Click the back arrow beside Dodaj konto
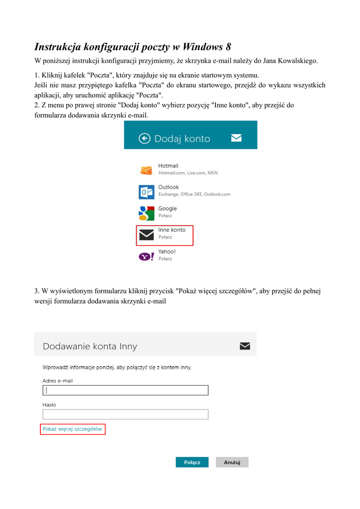pyautogui.click(x=144, y=139)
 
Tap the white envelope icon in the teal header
pyautogui.click(x=236, y=138)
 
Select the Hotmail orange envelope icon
pyautogui.click(x=146, y=170)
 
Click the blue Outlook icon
pyautogui.click(x=146, y=192)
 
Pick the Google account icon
pyautogui.click(x=146, y=213)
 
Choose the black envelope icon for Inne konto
pyautogui.click(x=146, y=235)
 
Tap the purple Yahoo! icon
pyautogui.click(x=146, y=256)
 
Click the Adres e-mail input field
pyautogui.click(x=125, y=390)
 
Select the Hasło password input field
pyautogui.click(x=125, y=414)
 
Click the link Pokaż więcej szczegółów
pyautogui.click(x=72, y=429)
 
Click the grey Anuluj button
pyautogui.click(x=232, y=462)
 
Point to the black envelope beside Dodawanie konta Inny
pyautogui.click(x=245, y=346)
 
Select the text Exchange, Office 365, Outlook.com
pyautogui.click(x=194, y=194)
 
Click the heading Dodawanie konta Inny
pyautogui.click(x=90, y=346)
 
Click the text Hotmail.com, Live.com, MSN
pyautogui.click(x=188, y=173)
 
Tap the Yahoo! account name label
pyautogui.click(x=167, y=252)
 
